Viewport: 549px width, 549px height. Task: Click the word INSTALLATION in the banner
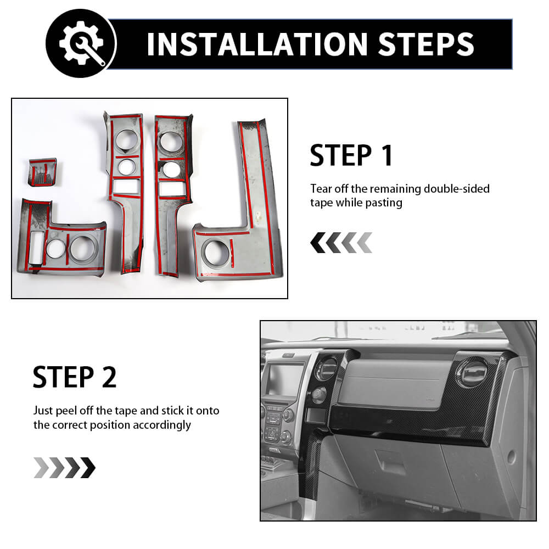pos(257,44)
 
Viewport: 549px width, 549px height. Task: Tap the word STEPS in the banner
pos(426,44)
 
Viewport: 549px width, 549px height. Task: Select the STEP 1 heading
pos(351,155)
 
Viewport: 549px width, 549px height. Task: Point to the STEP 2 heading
pos(75,377)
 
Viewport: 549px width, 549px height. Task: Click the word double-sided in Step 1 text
pos(457,189)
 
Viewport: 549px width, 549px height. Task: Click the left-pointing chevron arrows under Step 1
pos(341,242)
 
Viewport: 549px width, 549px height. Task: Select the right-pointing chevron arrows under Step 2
pos(64,467)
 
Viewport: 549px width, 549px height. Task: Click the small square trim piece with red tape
pos(43,172)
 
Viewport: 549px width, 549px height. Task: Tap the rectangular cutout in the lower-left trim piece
pos(36,248)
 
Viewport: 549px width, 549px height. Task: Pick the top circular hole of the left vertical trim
pos(126,139)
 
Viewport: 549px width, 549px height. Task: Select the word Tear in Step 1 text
pos(321,189)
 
